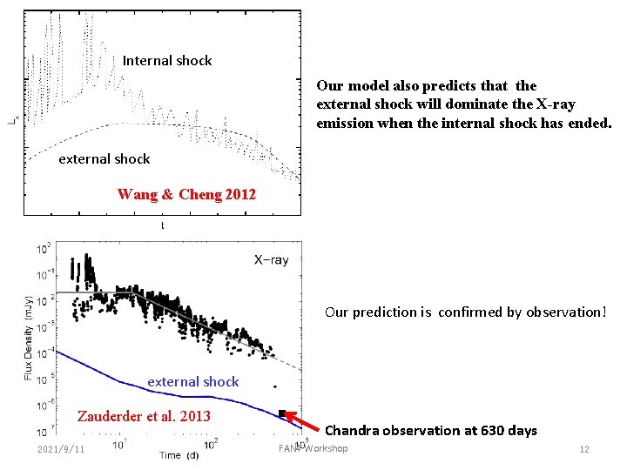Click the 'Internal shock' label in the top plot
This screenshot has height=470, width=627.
pos(167,60)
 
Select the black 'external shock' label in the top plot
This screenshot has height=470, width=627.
pos(104,158)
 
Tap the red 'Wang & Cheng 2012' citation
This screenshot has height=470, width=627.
pos(186,194)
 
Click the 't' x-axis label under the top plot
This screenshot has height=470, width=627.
pos(162,225)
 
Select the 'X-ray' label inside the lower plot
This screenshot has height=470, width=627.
pos(271,259)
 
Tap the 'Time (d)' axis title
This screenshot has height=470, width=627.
pos(178,455)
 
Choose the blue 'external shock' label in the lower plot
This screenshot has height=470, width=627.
pos(192,381)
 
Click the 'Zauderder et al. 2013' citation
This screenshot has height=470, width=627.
pos(145,415)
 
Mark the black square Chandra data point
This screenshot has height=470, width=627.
pos(282,413)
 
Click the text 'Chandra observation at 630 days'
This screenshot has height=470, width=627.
pos(430,430)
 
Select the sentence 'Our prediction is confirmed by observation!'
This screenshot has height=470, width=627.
pos(465,312)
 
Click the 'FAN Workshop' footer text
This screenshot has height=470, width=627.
pos(313,448)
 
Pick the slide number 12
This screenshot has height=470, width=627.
pos(584,449)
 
